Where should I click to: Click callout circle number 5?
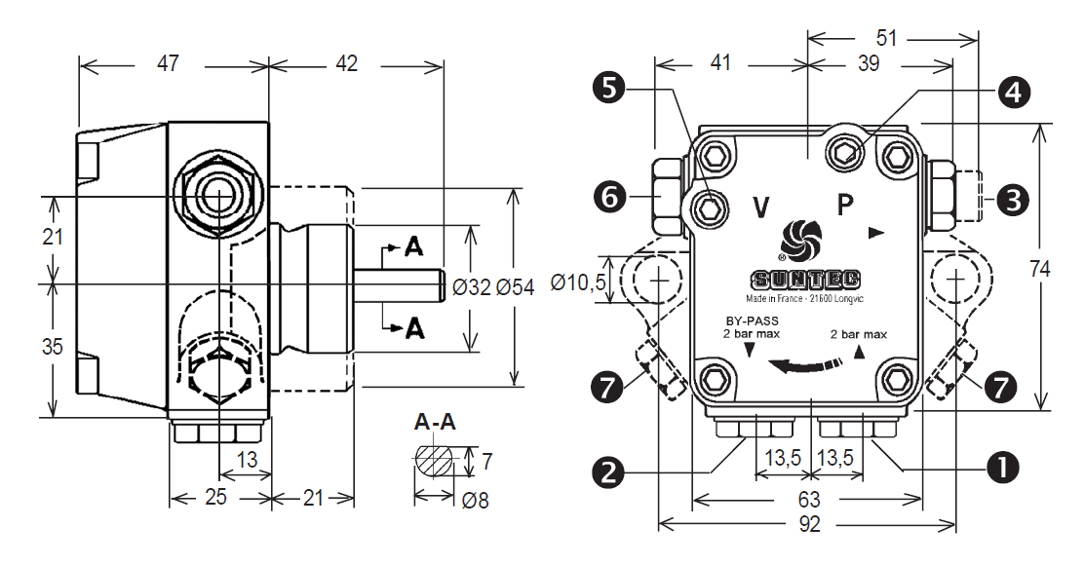click(x=609, y=89)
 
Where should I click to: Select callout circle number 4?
click(x=1014, y=92)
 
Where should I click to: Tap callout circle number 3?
click(x=1014, y=201)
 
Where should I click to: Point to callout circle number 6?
click(x=609, y=198)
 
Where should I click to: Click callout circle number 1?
click(x=1003, y=468)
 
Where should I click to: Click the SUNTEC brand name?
click(x=805, y=280)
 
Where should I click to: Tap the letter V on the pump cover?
click(x=761, y=207)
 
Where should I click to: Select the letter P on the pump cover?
click(x=845, y=206)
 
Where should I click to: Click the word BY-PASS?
click(x=752, y=321)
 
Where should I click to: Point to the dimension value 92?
click(x=809, y=524)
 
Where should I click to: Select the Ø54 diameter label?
click(x=515, y=287)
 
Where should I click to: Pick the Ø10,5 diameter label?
click(x=578, y=282)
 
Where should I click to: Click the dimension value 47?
click(x=168, y=63)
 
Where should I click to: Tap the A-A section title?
click(x=435, y=422)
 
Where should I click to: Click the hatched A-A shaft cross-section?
click(x=435, y=461)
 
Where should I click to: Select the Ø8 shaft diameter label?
click(x=475, y=500)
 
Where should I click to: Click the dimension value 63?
click(x=809, y=498)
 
